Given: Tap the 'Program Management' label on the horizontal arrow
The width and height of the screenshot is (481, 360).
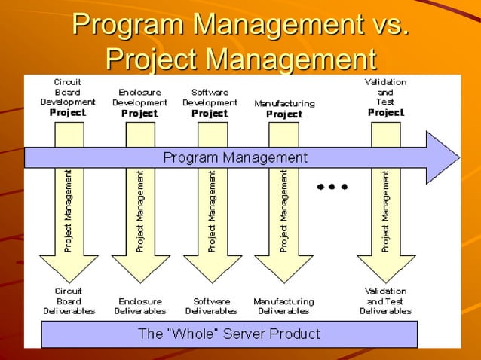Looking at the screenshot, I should [x=235, y=158].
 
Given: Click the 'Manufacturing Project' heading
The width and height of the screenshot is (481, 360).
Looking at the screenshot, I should [x=284, y=108].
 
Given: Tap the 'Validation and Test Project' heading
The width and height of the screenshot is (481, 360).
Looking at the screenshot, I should [x=385, y=96].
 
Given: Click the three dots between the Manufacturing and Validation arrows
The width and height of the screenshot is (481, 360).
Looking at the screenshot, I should [x=332, y=186].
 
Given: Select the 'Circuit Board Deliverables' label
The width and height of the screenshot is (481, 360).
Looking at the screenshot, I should [x=68, y=301].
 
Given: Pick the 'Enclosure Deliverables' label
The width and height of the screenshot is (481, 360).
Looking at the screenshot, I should [x=139, y=306].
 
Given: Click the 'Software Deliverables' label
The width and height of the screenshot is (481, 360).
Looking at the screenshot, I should [x=211, y=306].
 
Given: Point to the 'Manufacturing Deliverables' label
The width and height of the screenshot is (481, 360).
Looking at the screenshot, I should [x=283, y=306].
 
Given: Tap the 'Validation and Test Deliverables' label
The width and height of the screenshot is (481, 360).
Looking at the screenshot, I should [x=385, y=301].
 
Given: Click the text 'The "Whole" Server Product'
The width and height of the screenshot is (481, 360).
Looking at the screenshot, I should [x=229, y=334].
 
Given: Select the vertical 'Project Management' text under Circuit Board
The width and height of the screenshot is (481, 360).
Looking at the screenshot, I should [x=68, y=211].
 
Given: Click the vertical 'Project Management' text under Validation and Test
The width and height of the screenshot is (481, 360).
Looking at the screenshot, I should [x=385, y=211].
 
